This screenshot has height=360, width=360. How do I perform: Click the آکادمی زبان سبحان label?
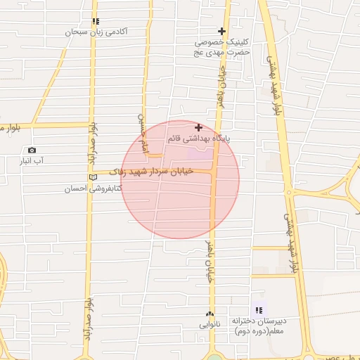(x=96, y=32)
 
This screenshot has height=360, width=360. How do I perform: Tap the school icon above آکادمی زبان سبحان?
(x=96, y=22)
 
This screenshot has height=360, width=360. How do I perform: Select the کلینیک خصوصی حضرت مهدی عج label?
(x=222, y=47)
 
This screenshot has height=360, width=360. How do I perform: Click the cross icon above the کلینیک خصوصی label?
(x=222, y=31)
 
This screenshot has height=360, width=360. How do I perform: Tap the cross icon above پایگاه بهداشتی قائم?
(x=199, y=127)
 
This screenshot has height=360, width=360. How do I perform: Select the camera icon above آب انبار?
(x=32, y=150)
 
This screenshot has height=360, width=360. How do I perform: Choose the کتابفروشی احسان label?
(x=94, y=188)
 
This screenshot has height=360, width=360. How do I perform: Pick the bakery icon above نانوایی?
(x=210, y=314)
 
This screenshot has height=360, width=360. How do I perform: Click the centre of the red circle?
(x=180, y=179)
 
